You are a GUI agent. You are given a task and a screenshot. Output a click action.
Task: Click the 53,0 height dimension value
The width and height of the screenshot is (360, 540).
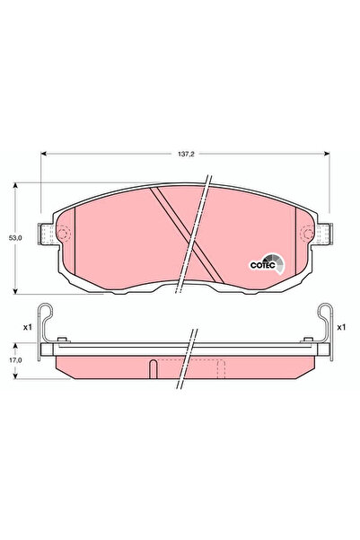pyautogui.click(x=14, y=238)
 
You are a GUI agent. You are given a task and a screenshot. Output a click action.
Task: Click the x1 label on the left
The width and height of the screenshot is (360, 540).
pyautogui.click(x=28, y=327)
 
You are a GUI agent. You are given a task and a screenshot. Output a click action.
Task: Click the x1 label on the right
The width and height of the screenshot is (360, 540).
pyautogui.click(x=341, y=327)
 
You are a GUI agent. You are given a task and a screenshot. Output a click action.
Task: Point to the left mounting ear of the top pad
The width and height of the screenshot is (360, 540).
pyautogui.click(x=47, y=234)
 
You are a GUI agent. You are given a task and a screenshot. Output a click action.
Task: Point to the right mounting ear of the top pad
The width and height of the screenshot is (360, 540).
pyautogui.click(x=322, y=234)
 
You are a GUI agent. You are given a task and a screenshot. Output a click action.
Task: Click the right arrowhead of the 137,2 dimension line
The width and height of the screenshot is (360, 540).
pyautogui.click(x=328, y=153)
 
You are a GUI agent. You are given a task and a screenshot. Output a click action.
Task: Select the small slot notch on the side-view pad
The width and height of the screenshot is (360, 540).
pyautogui.click(x=154, y=367)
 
